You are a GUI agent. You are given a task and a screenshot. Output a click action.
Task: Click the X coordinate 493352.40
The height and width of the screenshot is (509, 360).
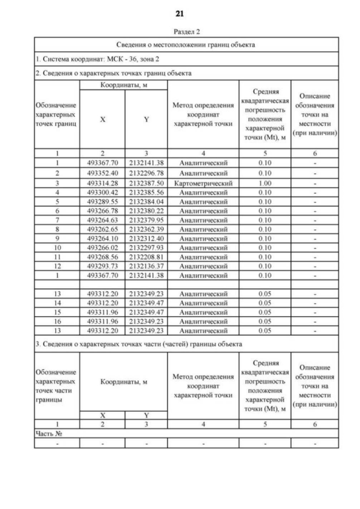(102, 173)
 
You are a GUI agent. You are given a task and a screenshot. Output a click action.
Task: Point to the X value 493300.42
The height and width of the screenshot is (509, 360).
(102, 192)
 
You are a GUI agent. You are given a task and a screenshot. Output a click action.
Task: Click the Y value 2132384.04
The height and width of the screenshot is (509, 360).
(146, 201)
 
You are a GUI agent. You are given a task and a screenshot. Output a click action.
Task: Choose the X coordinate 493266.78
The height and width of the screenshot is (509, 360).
(102, 210)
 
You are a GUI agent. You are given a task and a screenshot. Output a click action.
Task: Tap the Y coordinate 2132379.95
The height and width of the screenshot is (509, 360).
(146, 219)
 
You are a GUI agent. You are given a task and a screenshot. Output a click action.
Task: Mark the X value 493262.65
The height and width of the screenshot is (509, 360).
(102, 229)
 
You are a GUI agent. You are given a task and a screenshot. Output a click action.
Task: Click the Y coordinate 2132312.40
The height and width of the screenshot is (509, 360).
(146, 238)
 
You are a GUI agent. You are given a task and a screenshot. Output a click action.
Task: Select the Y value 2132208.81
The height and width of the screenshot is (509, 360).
(146, 256)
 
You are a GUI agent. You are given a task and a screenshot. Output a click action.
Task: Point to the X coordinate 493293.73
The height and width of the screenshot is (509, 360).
(102, 265)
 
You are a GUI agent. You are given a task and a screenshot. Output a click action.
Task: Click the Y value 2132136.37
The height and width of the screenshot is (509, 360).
(146, 265)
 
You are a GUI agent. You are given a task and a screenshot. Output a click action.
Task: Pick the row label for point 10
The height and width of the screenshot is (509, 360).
(57, 247)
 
